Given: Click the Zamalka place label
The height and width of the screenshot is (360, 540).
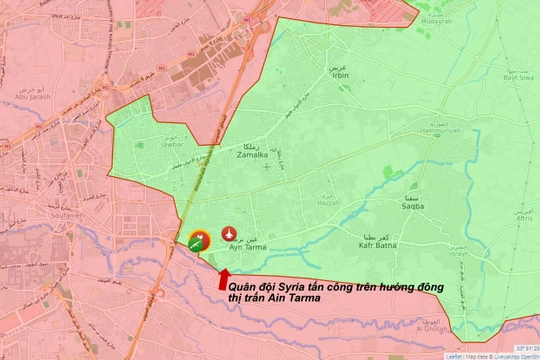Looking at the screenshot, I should coord(251,156).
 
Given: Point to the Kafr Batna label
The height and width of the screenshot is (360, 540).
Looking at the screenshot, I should coord(379,244).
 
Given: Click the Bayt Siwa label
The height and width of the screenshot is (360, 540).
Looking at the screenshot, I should coord(521,90).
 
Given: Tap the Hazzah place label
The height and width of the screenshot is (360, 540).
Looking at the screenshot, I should coord(300,203).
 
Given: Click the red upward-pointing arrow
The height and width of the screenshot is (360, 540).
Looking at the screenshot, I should coord(223,277).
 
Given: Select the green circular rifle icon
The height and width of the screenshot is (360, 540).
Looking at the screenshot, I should coord(197,240).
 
